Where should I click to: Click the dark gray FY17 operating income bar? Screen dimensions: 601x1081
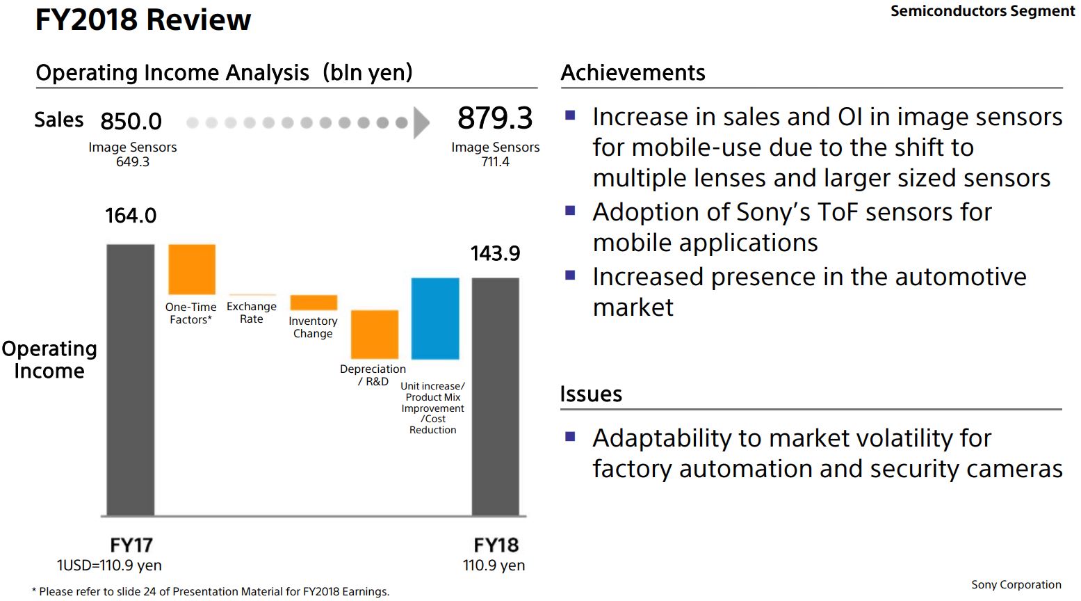click(x=131, y=380)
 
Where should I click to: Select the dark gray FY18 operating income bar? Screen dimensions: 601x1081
click(x=495, y=396)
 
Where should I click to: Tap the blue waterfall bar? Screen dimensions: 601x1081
click(x=435, y=319)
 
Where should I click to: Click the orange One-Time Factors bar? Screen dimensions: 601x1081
click(x=192, y=269)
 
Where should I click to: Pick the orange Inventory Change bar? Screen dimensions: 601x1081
click(x=314, y=303)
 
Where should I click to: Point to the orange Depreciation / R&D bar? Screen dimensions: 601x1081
click(x=375, y=335)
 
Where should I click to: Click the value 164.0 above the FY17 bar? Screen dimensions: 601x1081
click(x=131, y=216)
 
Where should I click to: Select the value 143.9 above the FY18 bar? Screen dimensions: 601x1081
click(x=495, y=253)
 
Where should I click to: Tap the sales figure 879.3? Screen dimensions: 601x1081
click(x=495, y=118)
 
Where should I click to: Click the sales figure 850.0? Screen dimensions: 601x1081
click(x=131, y=121)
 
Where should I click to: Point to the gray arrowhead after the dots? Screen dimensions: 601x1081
click(x=421, y=123)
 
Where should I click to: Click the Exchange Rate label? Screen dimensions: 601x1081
click(x=252, y=312)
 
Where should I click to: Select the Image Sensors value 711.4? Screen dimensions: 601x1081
click(x=495, y=162)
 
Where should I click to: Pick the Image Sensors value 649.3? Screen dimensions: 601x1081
click(x=132, y=162)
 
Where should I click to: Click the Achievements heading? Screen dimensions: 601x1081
click(x=633, y=72)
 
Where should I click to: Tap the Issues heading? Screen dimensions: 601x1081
click(x=591, y=394)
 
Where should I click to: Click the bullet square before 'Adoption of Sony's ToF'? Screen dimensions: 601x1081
click(x=571, y=210)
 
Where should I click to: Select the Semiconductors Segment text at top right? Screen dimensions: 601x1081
click(x=982, y=11)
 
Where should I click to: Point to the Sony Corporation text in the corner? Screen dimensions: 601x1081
click(x=1016, y=585)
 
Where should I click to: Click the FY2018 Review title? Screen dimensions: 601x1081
click(x=143, y=19)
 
